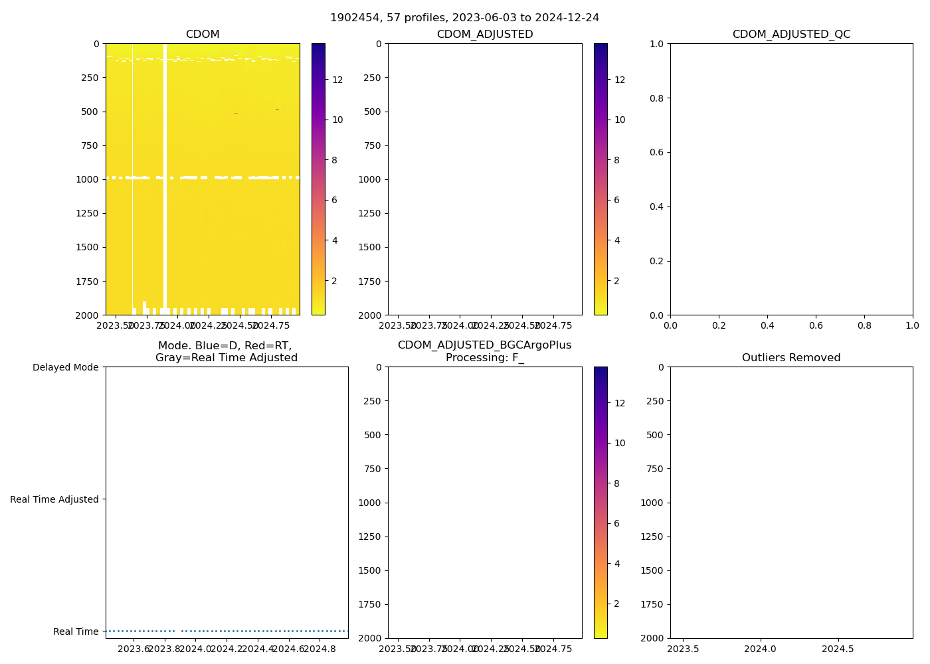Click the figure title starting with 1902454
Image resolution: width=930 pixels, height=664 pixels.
click(x=464, y=18)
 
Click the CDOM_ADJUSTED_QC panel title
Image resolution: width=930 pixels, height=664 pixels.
click(x=791, y=35)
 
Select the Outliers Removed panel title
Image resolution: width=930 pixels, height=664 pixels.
click(x=791, y=358)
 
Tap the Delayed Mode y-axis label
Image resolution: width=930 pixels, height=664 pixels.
click(x=65, y=367)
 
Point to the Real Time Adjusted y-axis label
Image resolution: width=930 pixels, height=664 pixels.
click(x=54, y=499)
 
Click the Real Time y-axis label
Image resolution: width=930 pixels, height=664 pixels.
click(x=76, y=631)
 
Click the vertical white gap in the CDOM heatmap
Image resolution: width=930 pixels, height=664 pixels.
click(x=165, y=173)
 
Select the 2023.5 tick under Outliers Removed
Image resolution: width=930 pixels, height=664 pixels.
click(x=683, y=648)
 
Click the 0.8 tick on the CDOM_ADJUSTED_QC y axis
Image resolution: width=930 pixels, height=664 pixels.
click(x=657, y=98)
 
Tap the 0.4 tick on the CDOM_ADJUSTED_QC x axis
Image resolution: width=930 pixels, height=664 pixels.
click(x=767, y=325)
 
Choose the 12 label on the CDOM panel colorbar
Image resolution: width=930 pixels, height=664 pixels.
click(x=337, y=80)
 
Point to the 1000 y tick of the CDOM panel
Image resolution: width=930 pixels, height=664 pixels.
click(x=89, y=179)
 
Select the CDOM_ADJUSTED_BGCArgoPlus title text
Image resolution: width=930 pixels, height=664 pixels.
click(x=484, y=345)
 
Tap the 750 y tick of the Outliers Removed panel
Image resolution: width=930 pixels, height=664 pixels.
click(x=655, y=469)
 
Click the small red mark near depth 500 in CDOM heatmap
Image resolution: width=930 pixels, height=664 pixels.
click(x=236, y=114)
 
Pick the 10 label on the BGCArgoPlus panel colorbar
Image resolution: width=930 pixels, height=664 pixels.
click(x=620, y=443)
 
